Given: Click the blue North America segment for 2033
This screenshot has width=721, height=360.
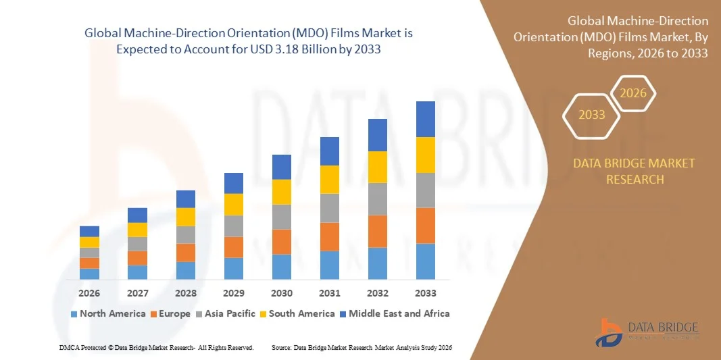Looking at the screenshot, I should (x=425, y=261).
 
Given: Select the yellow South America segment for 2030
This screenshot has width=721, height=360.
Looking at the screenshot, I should (x=282, y=192).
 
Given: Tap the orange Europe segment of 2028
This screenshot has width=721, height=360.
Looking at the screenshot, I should (x=186, y=253).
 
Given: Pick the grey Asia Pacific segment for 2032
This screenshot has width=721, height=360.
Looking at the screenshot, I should (x=377, y=199).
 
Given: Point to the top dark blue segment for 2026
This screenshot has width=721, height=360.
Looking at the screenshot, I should (x=89, y=231).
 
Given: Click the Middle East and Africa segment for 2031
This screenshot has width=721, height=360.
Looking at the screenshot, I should (x=329, y=151).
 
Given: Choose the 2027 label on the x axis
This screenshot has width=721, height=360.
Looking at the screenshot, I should (x=137, y=293).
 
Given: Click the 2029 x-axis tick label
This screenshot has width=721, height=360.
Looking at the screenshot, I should (x=234, y=293).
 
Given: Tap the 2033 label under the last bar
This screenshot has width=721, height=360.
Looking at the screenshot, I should (x=425, y=293).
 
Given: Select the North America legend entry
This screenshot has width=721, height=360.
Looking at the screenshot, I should (x=107, y=313).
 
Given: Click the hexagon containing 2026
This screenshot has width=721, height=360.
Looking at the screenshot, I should (x=633, y=93).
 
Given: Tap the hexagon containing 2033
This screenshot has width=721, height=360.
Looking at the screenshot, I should (x=592, y=115).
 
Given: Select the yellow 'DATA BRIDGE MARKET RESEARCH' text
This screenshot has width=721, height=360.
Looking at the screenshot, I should (x=634, y=171).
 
